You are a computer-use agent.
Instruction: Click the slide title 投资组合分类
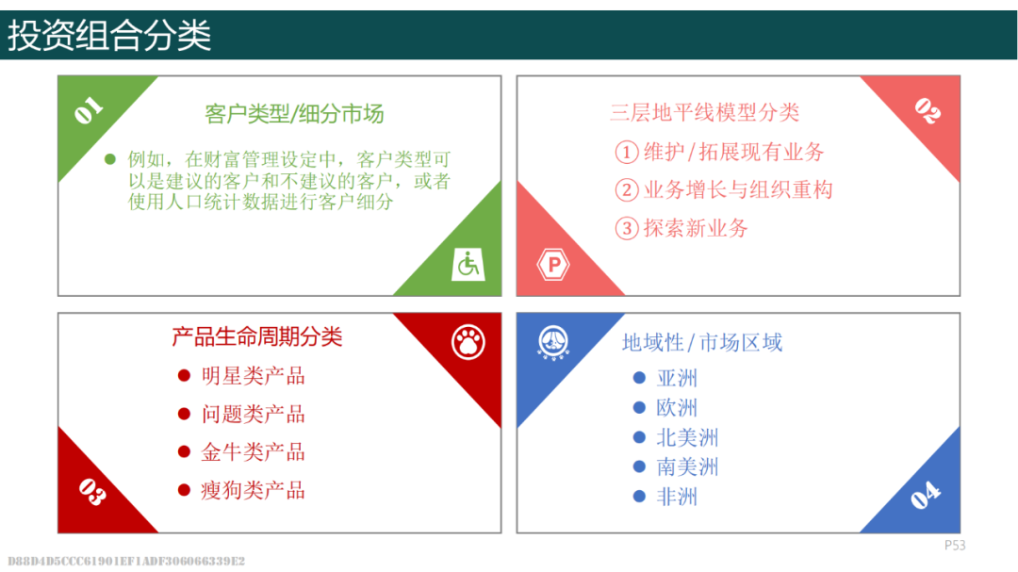(109, 35)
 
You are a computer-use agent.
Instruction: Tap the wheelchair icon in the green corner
(468, 264)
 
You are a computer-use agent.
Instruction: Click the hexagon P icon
(553, 264)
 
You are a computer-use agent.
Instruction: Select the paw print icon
(468, 342)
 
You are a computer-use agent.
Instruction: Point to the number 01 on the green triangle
(89, 110)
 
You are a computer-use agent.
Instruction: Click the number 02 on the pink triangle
(928, 110)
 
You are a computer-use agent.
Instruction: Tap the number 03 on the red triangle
(91, 492)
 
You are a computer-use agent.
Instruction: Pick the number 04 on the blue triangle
(926, 495)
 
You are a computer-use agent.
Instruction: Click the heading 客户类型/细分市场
(294, 114)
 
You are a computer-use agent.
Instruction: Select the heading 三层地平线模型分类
(704, 112)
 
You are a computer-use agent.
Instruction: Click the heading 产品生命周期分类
(257, 336)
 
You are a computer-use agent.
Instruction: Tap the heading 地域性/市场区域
(702, 342)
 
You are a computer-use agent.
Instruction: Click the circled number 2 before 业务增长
(627, 190)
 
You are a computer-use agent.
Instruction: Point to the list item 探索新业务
(696, 228)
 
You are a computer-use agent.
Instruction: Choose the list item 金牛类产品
(253, 452)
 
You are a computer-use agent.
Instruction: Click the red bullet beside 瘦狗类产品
(184, 489)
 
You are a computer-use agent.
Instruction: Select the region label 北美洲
(687, 437)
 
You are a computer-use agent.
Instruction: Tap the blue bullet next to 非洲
(639, 496)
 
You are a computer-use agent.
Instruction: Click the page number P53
(955, 546)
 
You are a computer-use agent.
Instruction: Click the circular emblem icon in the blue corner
(553, 342)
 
